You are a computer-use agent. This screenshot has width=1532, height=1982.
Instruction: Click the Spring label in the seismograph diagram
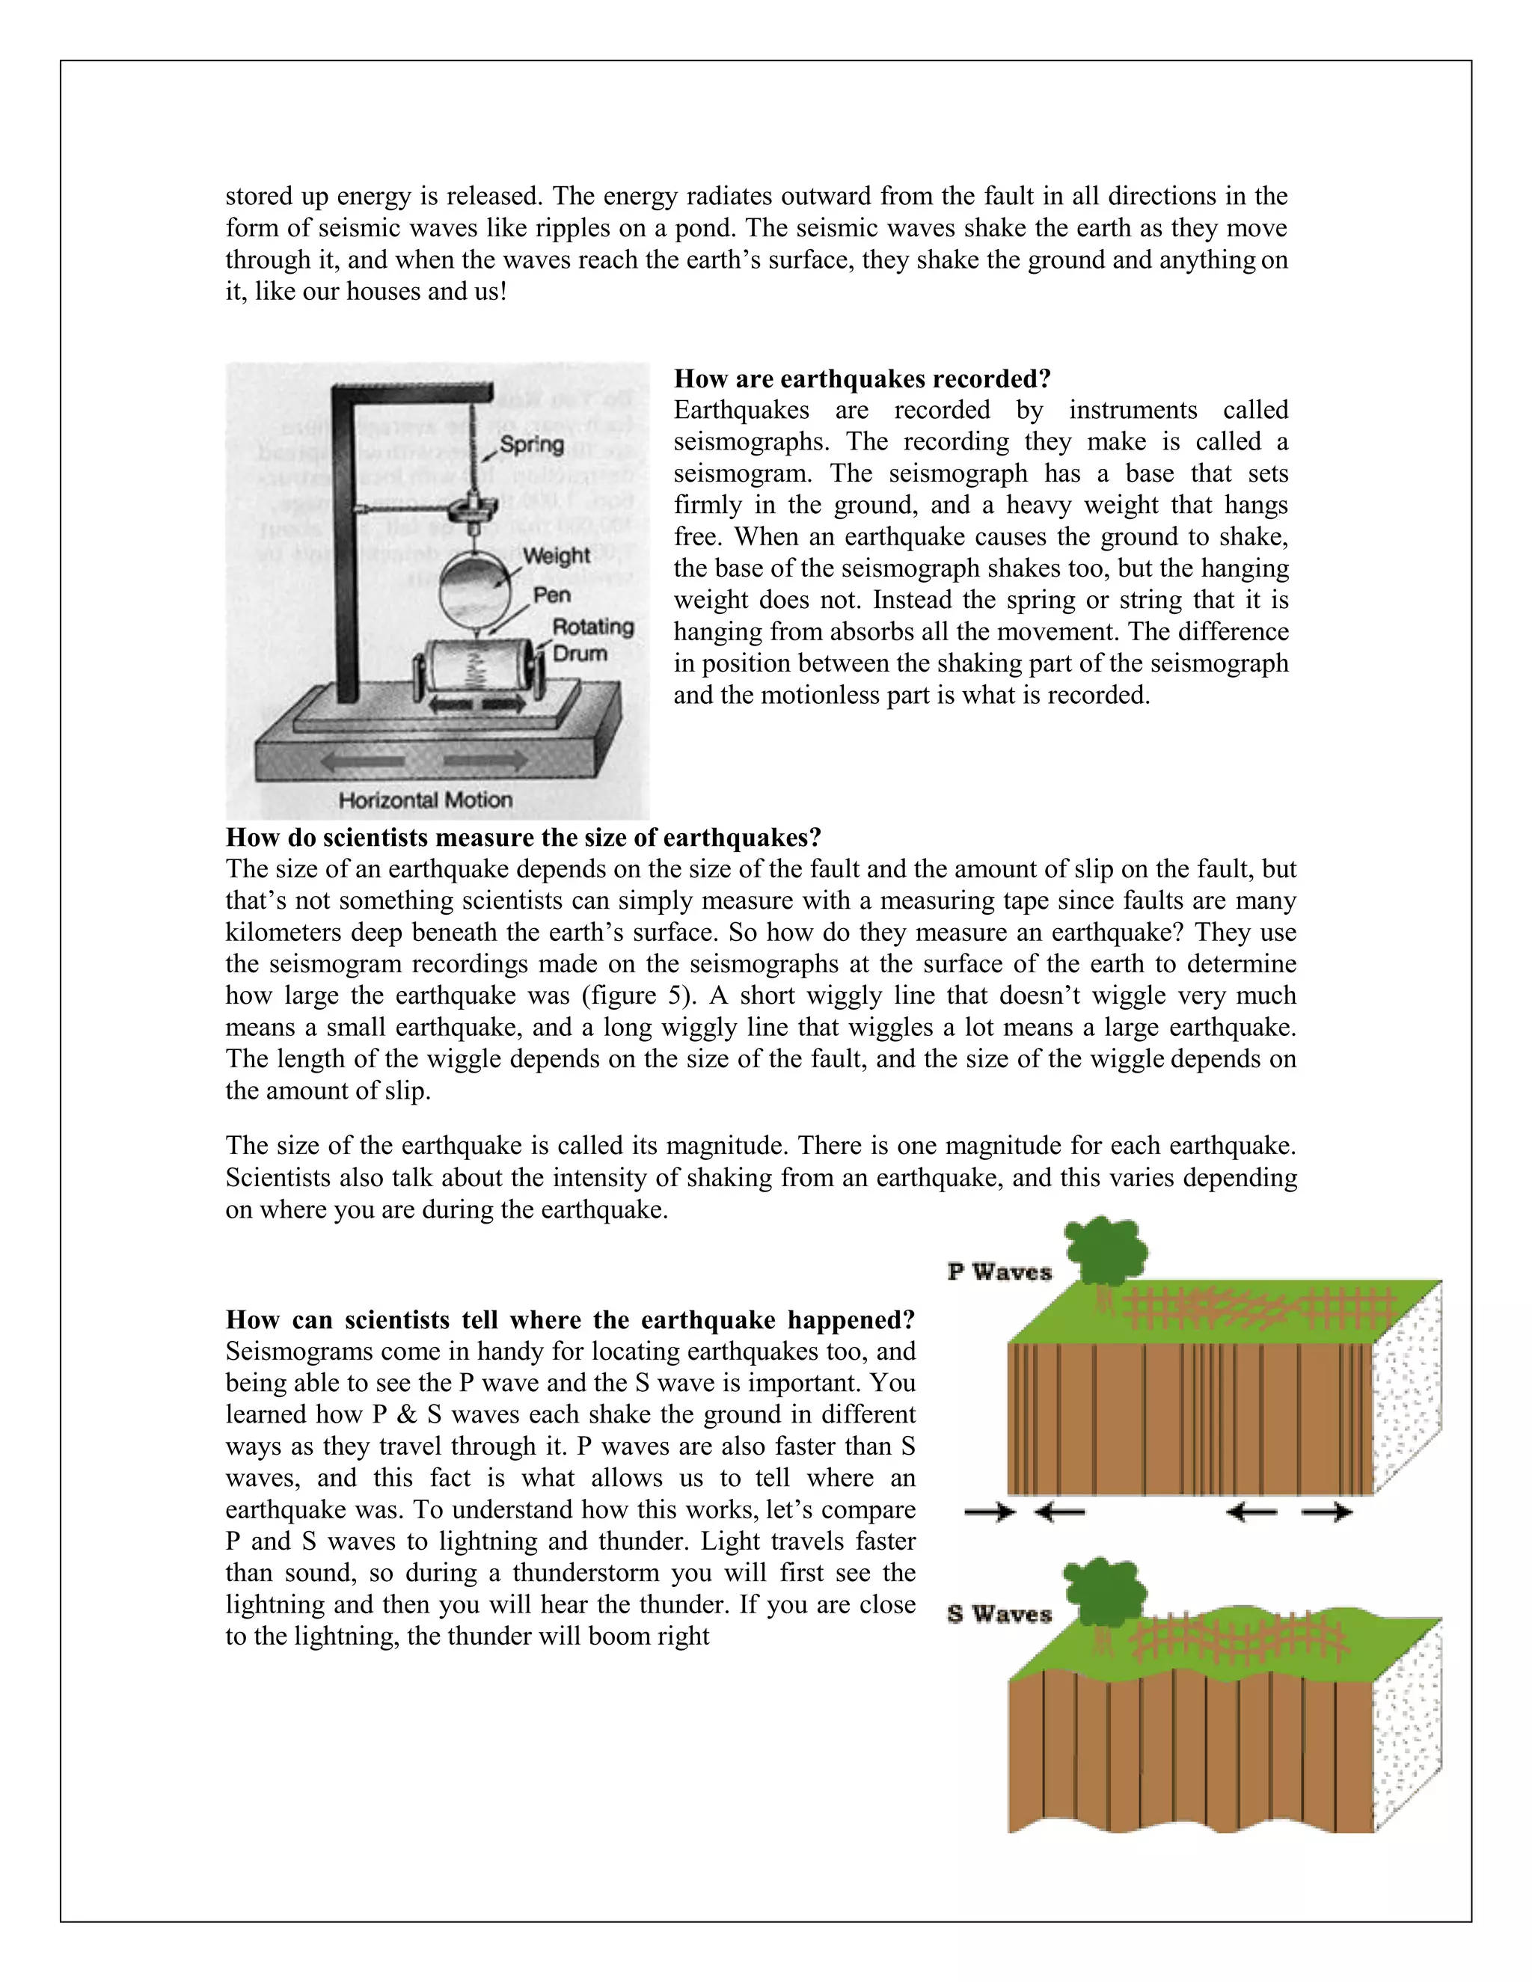(x=532, y=445)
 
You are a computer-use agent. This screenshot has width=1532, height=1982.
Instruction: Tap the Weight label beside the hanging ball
(x=557, y=556)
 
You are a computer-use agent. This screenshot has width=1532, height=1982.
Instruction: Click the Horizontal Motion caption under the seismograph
(x=425, y=800)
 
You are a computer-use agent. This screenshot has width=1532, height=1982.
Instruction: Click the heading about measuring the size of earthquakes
(x=523, y=837)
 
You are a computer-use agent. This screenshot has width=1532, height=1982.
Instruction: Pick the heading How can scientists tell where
(x=570, y=1319)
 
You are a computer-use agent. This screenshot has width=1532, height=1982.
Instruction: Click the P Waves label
(x=999, y=1272)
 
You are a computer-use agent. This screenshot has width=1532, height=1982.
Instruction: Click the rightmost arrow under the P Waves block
(x=1327, y=1512)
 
